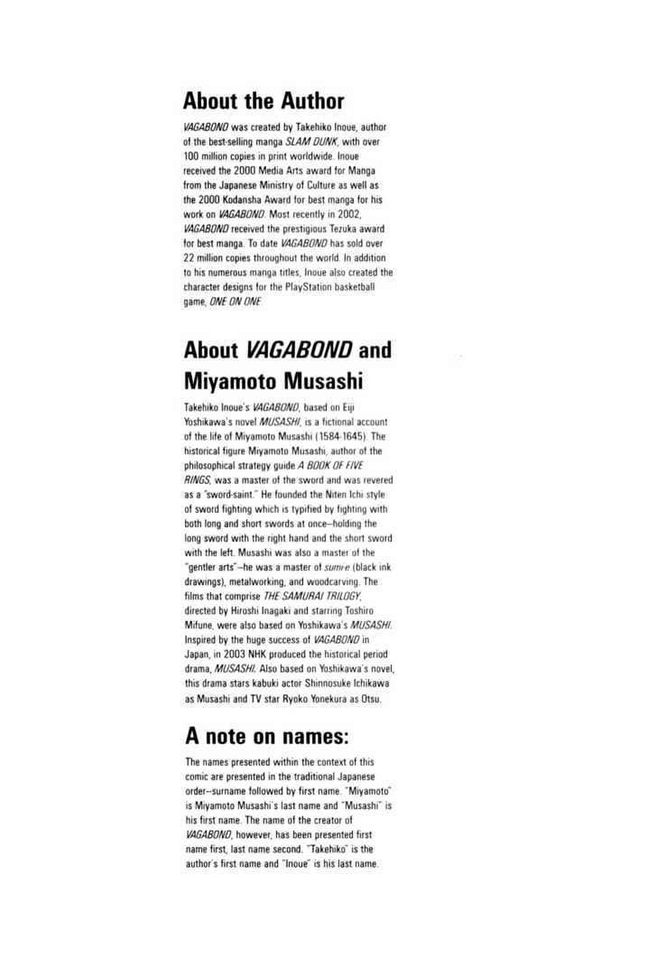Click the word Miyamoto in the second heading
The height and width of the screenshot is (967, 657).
coord(229,382)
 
